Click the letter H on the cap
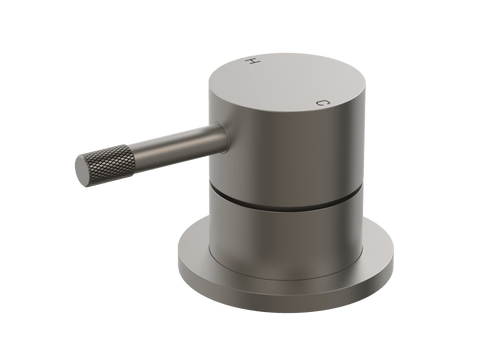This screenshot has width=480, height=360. click(x=252, y=61)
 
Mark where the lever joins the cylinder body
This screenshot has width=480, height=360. click(x=223, y=138)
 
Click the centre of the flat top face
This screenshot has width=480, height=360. click(x=287, y=81)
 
